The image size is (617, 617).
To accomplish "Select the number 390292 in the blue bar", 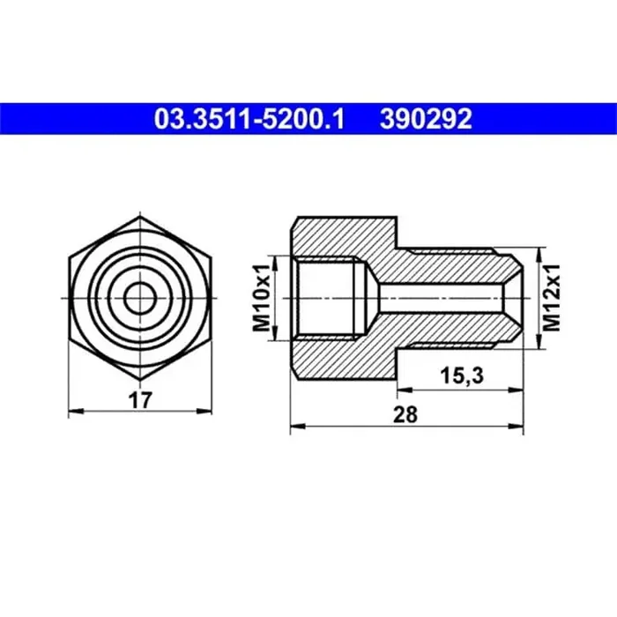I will [426, 118].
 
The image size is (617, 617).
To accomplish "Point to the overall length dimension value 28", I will [406, 414].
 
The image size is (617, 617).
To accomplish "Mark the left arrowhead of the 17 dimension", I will [72, 411].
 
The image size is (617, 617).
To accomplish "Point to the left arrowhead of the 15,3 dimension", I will [401, 388].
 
